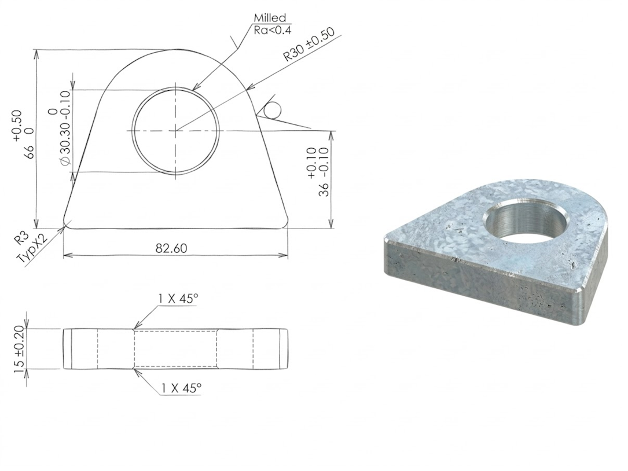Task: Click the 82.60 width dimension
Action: pos(171,248)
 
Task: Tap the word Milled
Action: pos(270,18)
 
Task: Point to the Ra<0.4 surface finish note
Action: pos(273,30)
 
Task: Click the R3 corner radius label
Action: pos(20,239)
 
